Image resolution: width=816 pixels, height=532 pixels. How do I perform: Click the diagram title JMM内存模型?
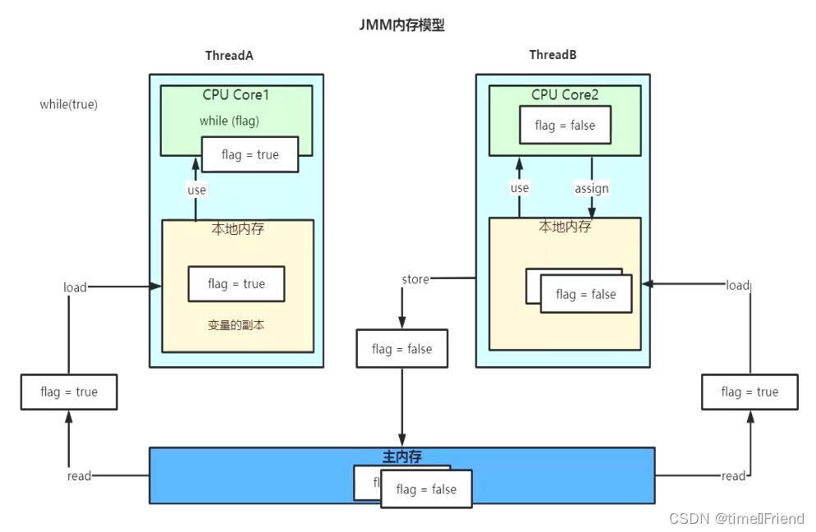(401, 25)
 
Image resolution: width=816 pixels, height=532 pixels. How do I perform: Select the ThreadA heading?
(229, 55)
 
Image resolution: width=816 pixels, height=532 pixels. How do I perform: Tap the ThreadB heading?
(552, 55)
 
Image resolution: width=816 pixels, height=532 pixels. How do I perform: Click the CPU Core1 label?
(236, 94)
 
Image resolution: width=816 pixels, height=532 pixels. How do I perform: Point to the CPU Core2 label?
(565, 94)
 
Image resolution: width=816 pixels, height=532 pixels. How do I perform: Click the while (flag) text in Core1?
(230, 121)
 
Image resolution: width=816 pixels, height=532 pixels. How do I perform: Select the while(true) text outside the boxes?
(69, 104)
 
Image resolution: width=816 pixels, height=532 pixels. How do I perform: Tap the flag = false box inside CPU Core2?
(565, 125)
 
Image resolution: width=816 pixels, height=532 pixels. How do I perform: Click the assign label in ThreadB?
(592, 189)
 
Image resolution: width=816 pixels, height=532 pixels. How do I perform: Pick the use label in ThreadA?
(197, 190)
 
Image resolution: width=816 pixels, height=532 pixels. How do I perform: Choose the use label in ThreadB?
(520, 188)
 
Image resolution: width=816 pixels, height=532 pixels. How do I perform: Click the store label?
(415, 279)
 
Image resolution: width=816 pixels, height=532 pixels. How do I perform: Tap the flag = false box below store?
(401, 349)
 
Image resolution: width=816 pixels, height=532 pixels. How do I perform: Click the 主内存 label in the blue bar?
(401, 456)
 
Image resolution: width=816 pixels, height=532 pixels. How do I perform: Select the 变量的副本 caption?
(236, 325)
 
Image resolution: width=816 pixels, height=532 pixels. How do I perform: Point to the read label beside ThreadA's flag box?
(79, 476)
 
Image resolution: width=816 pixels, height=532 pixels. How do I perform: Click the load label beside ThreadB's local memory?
(738, 285)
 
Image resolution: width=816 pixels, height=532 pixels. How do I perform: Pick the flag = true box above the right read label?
(750, 392)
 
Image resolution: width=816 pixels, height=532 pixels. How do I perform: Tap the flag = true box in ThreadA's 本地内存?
(236, 284)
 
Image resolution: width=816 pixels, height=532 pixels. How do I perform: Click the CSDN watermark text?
(737, 519)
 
